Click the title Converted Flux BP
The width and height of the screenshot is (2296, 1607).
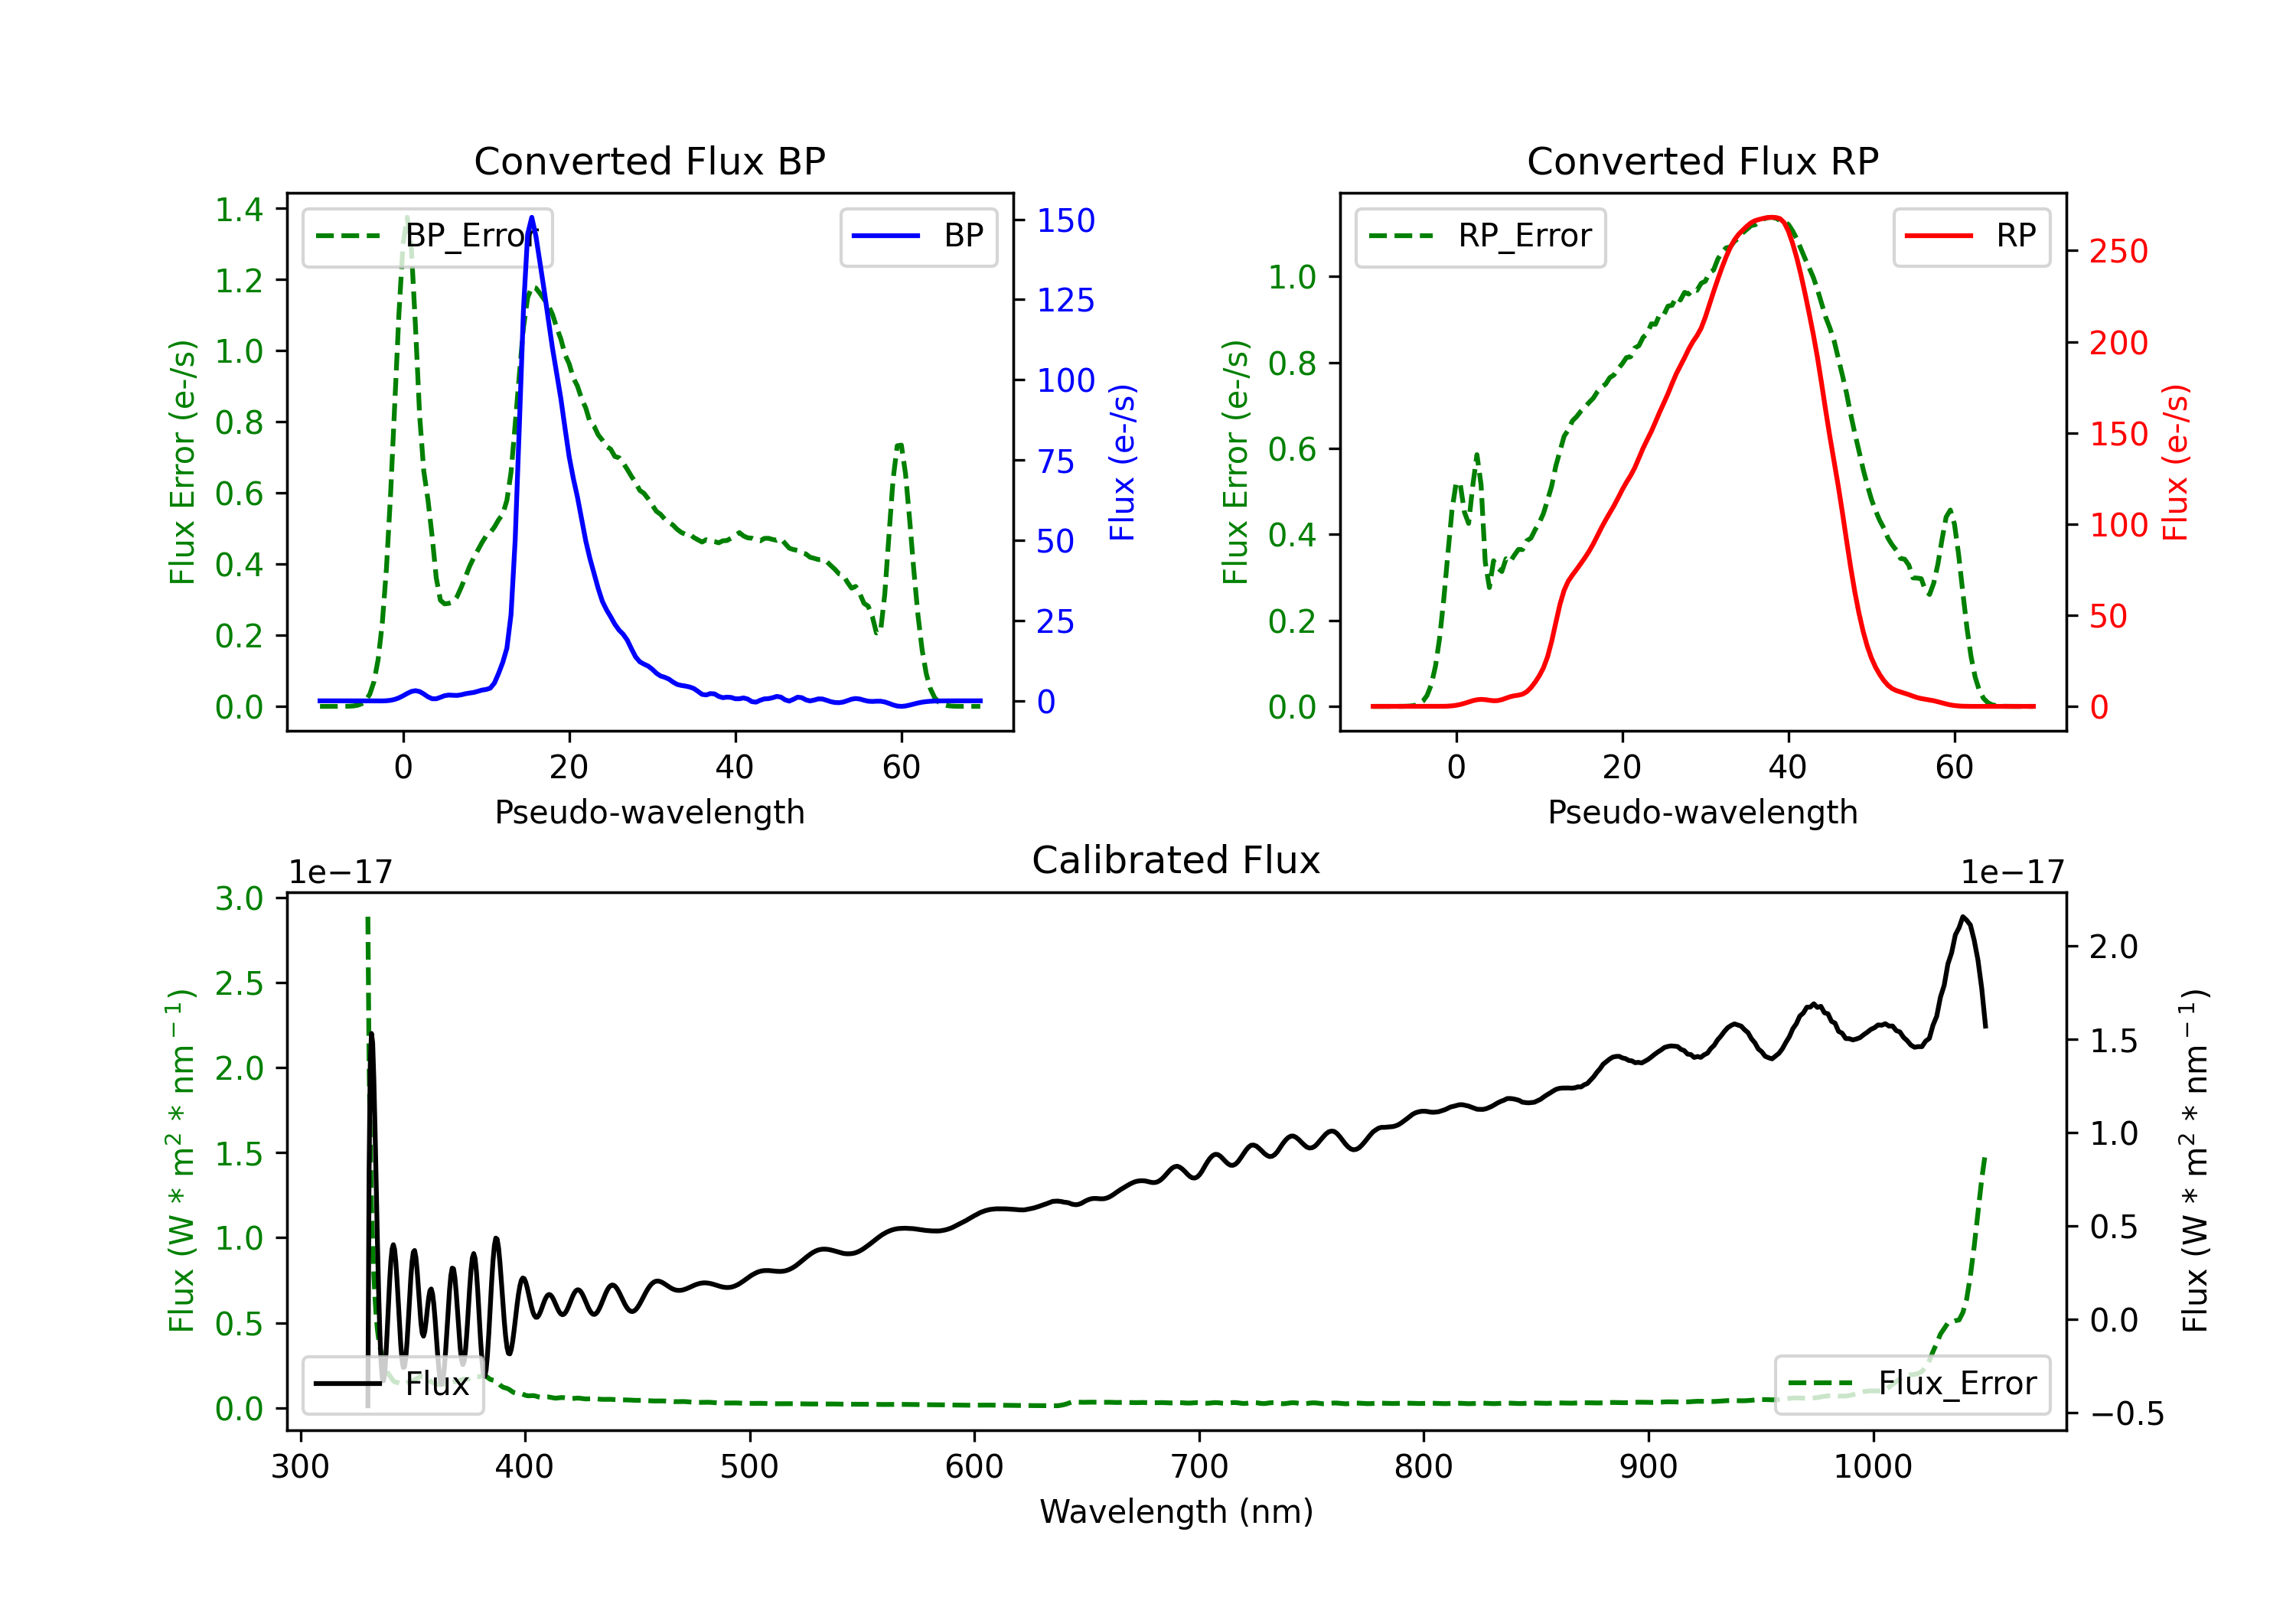(649, 161)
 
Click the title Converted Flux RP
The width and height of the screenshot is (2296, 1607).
(1702, 161)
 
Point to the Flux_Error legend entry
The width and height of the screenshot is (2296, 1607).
(1912, 1384)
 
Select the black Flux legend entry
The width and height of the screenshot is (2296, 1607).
(393, 1384)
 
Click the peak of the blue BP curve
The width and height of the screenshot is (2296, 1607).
(531, 217)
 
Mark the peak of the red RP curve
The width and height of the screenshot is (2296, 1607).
(1771, 217)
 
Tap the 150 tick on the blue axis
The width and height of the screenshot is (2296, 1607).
(1065, 221)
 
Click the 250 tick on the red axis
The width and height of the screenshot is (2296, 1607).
(2118, 251)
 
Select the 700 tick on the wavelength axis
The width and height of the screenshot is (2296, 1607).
(1199, 1467)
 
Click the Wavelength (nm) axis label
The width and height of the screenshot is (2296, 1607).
(1176, 1511)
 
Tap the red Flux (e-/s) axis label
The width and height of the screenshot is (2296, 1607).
(2176, 462)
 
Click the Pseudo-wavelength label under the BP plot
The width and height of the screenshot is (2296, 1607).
(649, 812)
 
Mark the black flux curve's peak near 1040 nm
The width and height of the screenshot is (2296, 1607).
(1963, 917)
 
